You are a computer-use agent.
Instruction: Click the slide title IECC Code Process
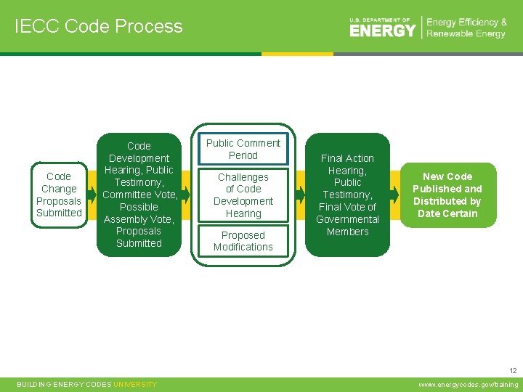tap(98, 27)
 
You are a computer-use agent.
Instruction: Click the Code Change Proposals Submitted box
tap(59, 195)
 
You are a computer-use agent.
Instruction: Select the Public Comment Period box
tap(243, 150)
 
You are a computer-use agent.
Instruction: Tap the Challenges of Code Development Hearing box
tap(243, 195)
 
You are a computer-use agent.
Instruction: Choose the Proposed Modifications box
tap(243, 241)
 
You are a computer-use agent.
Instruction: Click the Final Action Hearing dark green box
tap(347, 195)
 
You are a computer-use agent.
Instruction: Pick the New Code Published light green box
tap(447, 195)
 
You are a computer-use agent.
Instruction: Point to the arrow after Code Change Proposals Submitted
tap(92, 195)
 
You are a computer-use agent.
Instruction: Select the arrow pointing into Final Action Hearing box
tap(300, 195)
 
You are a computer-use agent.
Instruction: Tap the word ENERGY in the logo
tap(382, 30)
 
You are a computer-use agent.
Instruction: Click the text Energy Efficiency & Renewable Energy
tap(466, 28)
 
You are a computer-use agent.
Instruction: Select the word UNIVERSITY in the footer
tap(135, 385)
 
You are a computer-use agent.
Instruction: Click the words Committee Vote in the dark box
tap(139, 195)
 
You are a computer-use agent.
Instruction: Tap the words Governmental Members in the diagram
tap(347, 225)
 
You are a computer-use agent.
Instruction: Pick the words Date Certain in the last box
tap(447, 213)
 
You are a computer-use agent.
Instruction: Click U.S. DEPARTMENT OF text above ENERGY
tap(380, 20)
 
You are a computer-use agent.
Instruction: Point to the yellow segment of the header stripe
tap(297, 54)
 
